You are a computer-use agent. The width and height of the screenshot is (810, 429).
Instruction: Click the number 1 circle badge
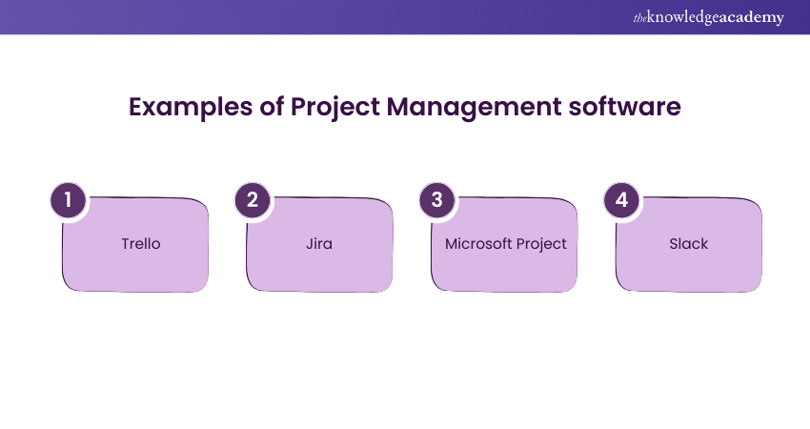coord(69,200)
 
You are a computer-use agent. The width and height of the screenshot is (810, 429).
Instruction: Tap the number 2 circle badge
coord(253,200)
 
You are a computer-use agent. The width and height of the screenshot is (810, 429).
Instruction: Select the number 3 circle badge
coord(437,200)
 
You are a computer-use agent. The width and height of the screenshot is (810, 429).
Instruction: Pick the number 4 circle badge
coord(622,200)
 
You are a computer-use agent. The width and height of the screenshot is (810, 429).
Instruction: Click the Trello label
coord(141,243)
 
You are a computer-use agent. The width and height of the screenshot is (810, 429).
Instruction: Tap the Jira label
coord(319,243)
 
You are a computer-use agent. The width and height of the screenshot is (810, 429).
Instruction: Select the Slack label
coord(689,243)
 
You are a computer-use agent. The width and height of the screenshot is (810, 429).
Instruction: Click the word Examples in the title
coord(191,108)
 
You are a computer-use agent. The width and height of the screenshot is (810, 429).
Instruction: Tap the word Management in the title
coord(474,108)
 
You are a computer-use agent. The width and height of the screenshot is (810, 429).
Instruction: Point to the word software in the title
coord(624,107)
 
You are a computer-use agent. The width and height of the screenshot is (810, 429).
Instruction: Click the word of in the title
coord(272,107)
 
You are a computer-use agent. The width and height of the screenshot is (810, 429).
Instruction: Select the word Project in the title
coord(335,108)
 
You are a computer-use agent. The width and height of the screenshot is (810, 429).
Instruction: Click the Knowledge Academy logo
coord(709,17)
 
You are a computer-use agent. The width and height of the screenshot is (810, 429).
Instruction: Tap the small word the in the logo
coord(640,19)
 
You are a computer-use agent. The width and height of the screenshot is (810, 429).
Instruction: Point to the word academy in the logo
coord(751,18)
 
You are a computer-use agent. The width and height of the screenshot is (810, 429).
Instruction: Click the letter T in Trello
coord(126,243)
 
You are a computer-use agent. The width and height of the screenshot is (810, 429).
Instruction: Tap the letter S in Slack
coord(674,243)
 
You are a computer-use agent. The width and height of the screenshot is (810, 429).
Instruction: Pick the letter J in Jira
coord(309,243)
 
